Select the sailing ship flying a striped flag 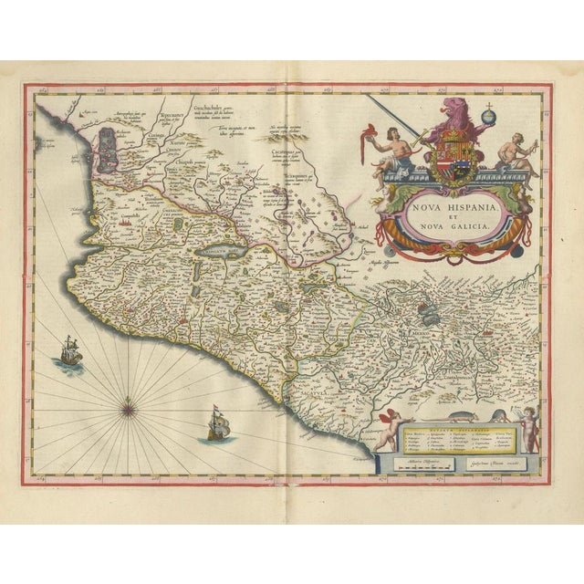[x=218, y=422]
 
